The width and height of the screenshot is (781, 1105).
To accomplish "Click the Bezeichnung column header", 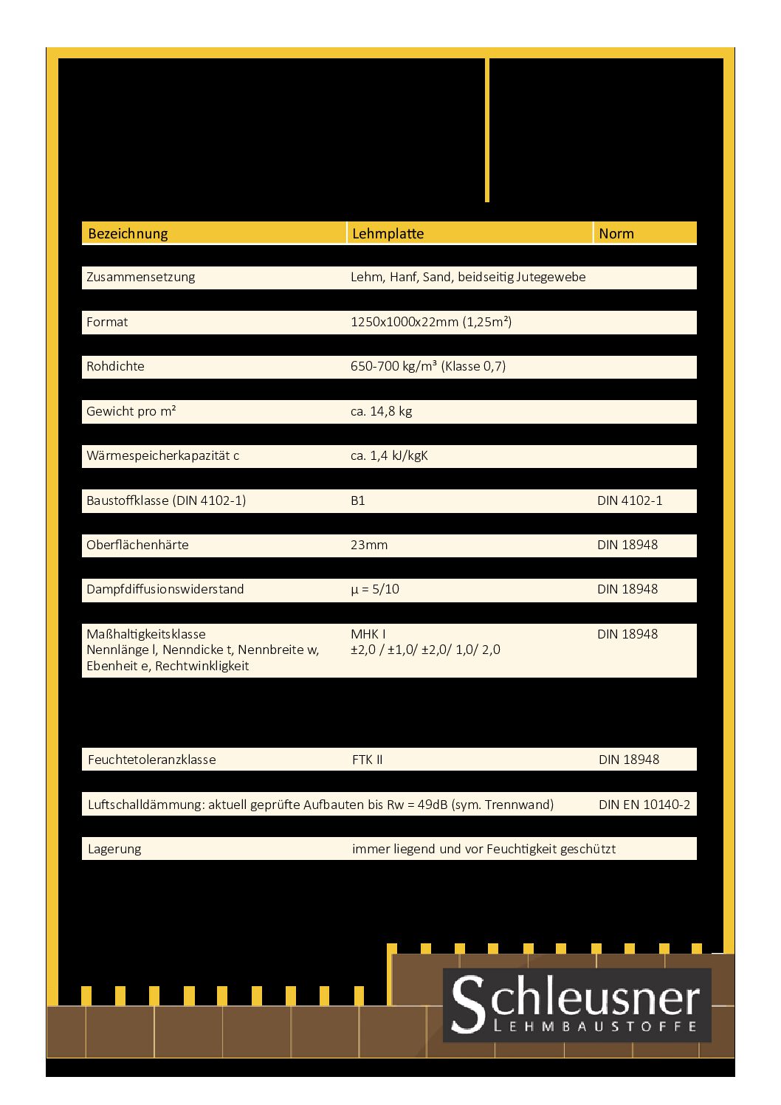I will [x=128, y=233].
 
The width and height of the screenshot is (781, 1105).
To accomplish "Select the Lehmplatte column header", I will [x=388, y=233].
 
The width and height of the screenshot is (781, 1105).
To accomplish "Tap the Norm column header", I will [x=616, y=233].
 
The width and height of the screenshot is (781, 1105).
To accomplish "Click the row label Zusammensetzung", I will [x=140, y=277].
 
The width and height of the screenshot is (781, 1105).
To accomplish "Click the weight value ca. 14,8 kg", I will [x=381, y=411].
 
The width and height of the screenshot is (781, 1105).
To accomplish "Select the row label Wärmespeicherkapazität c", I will [x=162, y=455].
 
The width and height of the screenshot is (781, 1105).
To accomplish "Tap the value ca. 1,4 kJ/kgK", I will [x=389, y=455].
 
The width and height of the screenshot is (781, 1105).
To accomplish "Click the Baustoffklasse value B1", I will [x=357, y=500].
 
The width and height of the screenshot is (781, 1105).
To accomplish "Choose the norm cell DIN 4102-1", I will [x=629, y=500].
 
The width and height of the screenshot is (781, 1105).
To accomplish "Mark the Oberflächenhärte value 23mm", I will [x=368, y=545].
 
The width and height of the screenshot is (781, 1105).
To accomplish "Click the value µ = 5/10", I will [x=374, y=589].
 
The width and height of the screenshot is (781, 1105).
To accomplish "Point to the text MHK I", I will [x=368, y=634].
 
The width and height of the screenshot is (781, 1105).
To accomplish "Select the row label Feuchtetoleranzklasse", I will [x=151, y=760].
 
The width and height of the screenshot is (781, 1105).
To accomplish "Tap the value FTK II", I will [x=367, y=760].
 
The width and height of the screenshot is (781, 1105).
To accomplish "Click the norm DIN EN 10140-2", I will [x=644, y=805].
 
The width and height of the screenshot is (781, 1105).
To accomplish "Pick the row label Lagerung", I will [x=114, y=849].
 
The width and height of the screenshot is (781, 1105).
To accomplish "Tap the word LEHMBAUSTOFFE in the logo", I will [x=594, y=1026].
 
